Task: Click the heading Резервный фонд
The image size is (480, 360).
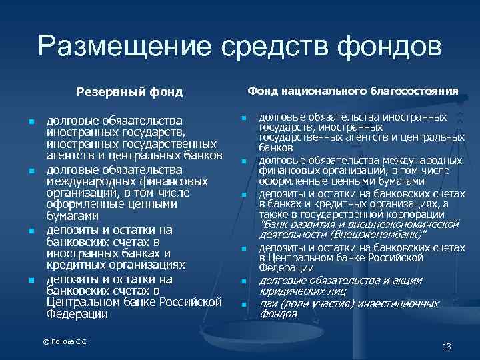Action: click(x=129, y=91)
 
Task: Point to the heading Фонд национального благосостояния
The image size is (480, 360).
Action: click(x=353, y=90)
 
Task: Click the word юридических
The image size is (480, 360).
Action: click(x=291, y=291)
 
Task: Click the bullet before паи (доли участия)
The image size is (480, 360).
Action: click(x=244, y=305)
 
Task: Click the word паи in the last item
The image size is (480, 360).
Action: click(x=269, y=303)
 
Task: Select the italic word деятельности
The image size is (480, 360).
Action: click(x=289, y=235)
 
